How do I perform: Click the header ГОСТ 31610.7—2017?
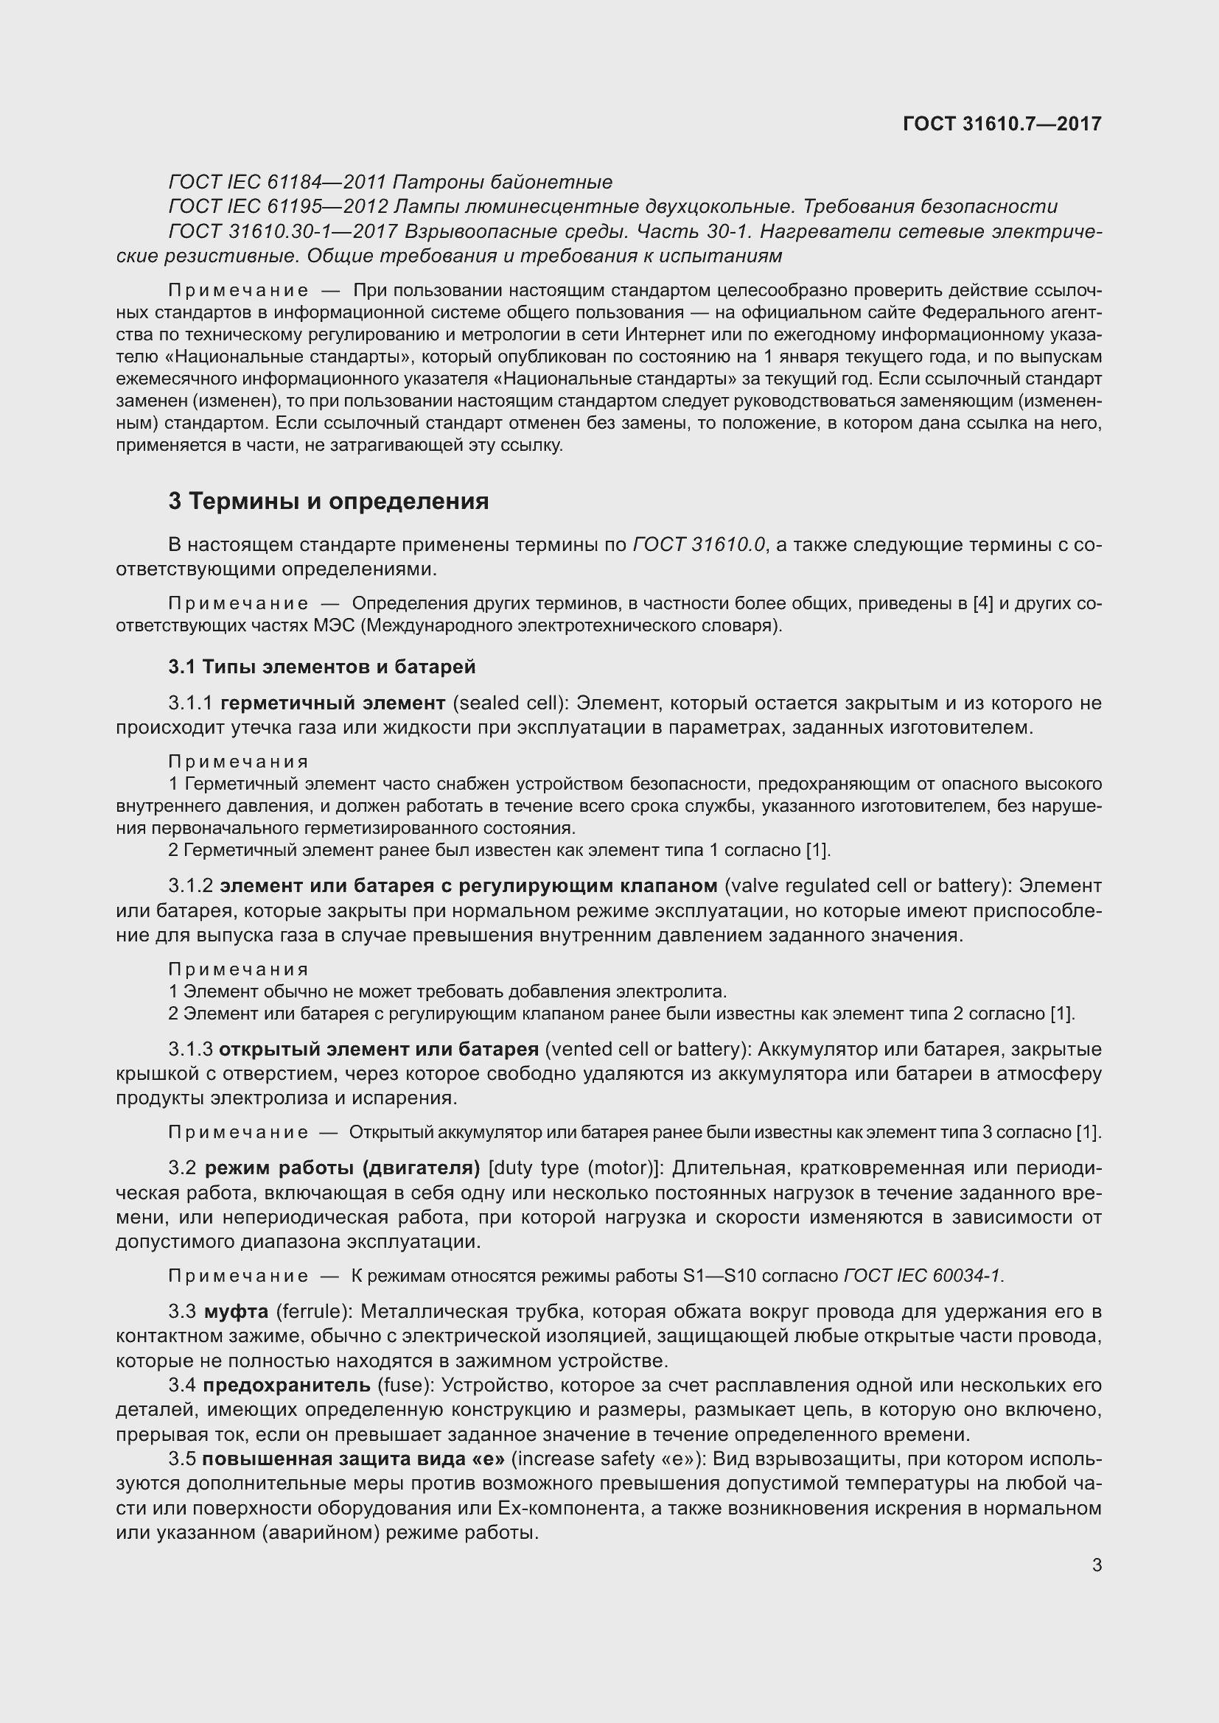[x=1002, y=124]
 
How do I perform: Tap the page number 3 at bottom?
[x=1097, y=1565]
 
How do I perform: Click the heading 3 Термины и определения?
[x=328, y=502]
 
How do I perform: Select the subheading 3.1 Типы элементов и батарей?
[x=322, y=667]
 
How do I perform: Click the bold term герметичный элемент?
[x=332, y=703]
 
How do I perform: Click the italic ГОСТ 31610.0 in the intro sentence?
[x=699, y=545]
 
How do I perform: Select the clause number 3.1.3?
[x=191, y=1049]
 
